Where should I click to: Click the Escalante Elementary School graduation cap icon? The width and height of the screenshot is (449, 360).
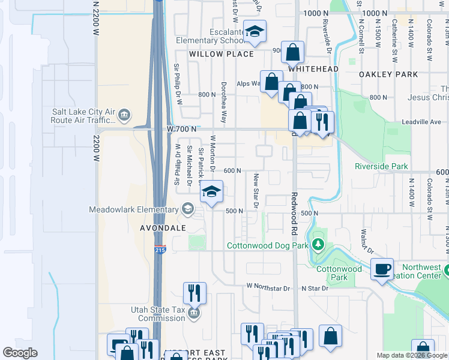255,32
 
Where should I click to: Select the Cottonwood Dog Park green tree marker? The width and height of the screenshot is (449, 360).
318,245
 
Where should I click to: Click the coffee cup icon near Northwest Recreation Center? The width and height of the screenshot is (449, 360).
382,269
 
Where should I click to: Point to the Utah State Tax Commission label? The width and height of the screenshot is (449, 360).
158,314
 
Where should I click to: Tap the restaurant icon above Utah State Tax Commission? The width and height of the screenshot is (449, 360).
194,293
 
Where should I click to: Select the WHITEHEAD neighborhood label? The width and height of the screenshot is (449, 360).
313,69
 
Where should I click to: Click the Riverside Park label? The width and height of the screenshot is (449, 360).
381,166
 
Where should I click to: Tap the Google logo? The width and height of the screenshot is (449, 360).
20,352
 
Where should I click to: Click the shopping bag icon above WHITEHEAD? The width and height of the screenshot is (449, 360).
292,52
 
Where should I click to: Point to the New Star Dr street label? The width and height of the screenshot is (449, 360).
256,191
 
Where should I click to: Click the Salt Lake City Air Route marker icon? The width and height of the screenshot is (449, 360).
124,114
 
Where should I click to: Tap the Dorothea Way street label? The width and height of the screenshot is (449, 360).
224,103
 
